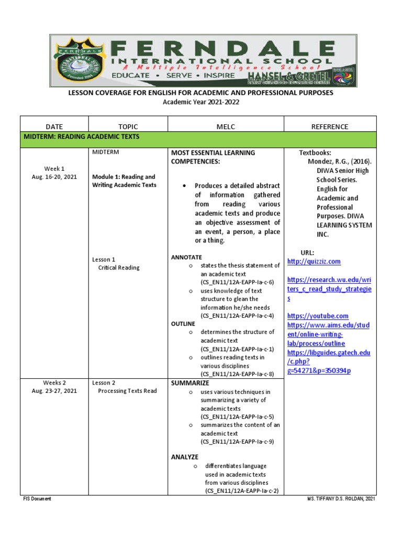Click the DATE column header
[x=54, y=126]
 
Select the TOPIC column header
[x=128, y=126]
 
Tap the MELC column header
[x=225, y=126]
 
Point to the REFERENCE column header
[x=329, y=126]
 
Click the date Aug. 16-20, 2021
[x=54, y=177]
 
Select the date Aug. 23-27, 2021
[x=54, y=391]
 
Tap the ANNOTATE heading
[x=186, y=257]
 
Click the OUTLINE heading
[x=183, y=324]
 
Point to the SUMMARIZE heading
[x=190, y=383]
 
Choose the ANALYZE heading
[x=185, y=457]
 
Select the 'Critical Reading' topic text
[x=119, y=267]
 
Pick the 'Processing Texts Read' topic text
[x=127, y=391]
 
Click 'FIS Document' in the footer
[x=37, y=499]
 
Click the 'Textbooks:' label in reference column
[x=315, y=153]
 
